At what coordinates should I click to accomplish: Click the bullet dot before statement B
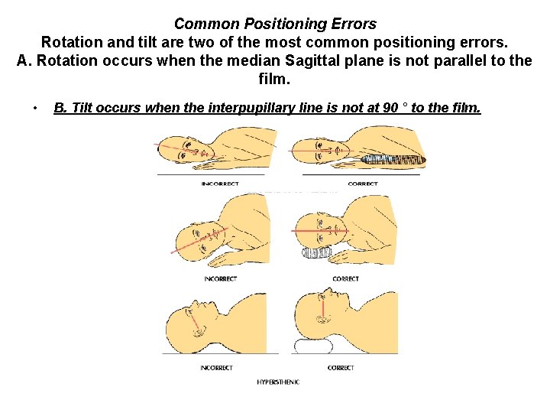pos(35,108)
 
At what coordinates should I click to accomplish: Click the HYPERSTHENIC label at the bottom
pos(278,382)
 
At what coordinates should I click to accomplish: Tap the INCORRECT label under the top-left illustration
pos(220,184)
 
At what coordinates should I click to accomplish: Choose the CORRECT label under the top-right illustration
pos(362,184)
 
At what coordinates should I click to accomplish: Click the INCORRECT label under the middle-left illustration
pos(220,278)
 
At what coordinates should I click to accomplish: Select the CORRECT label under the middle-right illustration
pos(345,278)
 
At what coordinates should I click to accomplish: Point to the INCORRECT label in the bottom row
pos(216,368)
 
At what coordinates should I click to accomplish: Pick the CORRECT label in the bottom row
pos(341,368)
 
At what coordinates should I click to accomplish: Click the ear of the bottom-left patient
pos(200,330)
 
